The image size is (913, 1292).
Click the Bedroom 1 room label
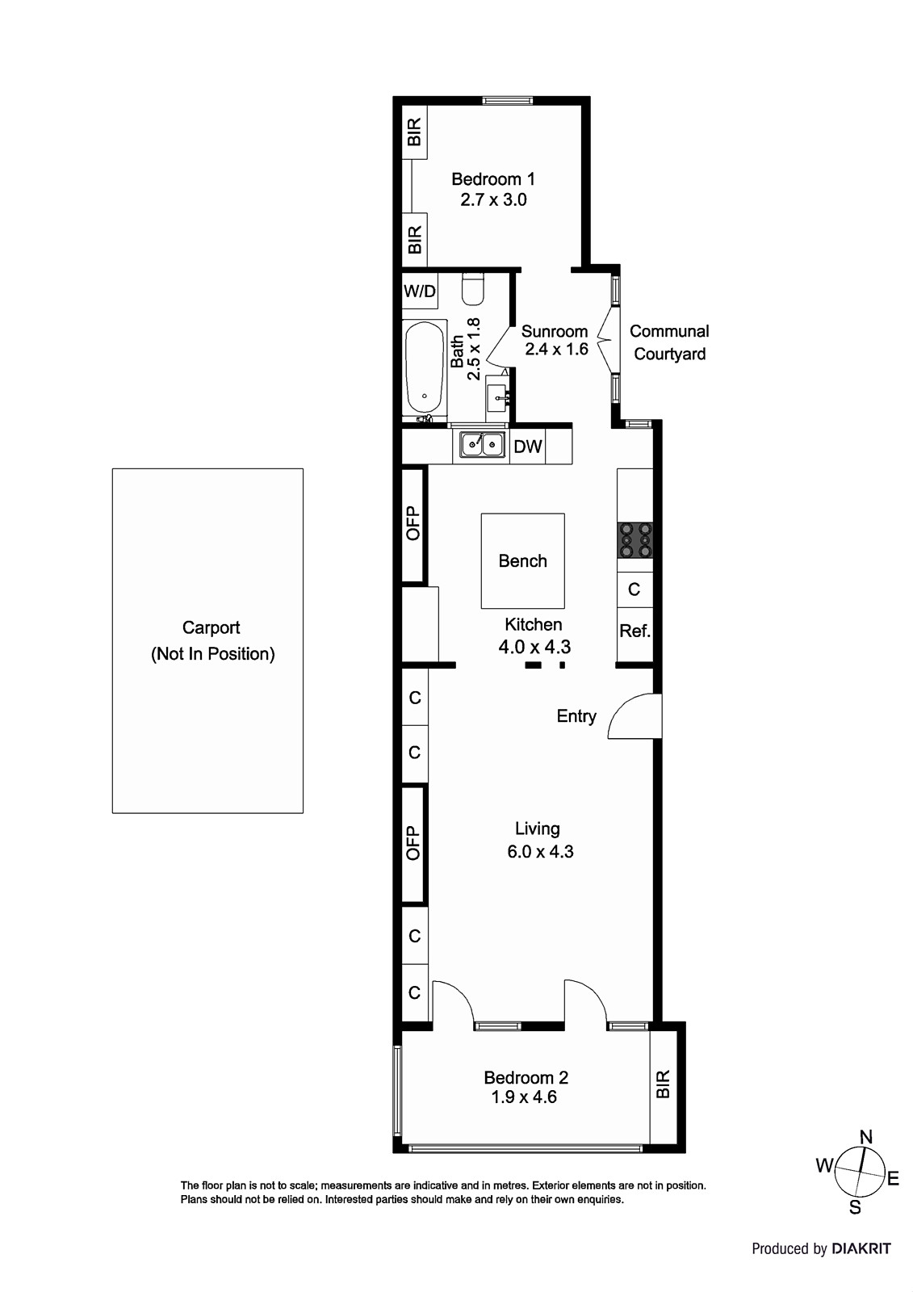pos(492,179)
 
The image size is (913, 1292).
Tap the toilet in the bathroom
pos(472,290)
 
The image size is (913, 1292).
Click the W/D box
pos(419,292)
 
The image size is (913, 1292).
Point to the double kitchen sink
pos(482,446)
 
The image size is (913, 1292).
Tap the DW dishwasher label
pos(528,447)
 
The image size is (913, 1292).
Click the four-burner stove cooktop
pos(635,540)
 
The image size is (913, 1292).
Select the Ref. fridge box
pos(635,631)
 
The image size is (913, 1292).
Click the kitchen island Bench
pos(522,560)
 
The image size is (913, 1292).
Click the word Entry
pos(576,716)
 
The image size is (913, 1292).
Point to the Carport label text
pos(211,628)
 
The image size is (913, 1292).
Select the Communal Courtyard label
pos(669,342)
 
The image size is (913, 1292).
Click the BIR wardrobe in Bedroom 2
pos(664,1084)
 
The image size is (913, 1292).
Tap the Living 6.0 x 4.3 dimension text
pos(540,851)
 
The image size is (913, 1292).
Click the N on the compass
pos(865,1137)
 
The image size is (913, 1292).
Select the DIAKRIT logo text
pos(861,1248)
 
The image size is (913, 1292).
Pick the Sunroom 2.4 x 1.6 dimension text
pos(556,349)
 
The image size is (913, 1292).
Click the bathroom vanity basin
pos(498,396)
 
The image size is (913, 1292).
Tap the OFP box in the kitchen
pos(413,523)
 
